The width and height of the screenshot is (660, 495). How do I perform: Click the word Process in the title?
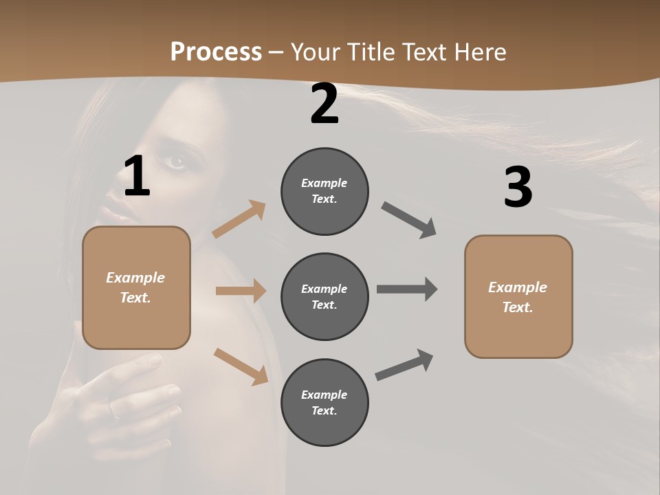[x=216, y=52]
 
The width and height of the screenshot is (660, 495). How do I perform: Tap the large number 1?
[x=137, y=177]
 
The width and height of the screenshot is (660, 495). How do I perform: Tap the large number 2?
[x=324, y=104]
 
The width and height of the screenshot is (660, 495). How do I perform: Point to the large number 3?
[x=518, y=187]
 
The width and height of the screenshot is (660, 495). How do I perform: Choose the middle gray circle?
[x=324, y=296]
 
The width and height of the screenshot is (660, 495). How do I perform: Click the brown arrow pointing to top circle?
[x=239, y=219]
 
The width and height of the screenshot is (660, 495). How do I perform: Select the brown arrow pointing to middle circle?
[x=241, y=291]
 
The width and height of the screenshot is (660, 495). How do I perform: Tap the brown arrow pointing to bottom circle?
[x=241, y=366]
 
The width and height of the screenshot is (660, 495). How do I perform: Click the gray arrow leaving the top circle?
[x=409, y=219]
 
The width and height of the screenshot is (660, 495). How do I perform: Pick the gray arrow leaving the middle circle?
[x=407, y=289]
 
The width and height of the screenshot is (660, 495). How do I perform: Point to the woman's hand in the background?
[x=131, y=399]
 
